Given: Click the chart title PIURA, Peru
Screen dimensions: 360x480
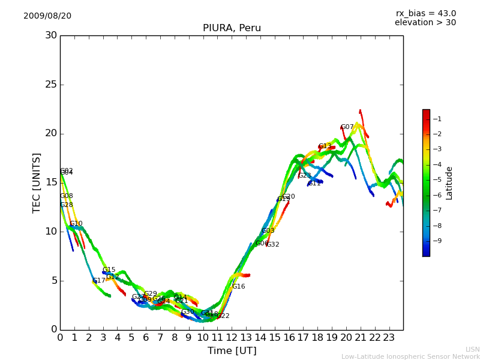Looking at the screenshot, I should [232, 28].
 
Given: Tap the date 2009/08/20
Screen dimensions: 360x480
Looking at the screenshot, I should [47, 16].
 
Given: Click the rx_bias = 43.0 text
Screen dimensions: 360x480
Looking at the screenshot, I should [425, 13].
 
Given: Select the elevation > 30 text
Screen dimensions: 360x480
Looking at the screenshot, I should [425, 23].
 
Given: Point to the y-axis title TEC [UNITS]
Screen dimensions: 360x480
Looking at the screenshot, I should [37, 182].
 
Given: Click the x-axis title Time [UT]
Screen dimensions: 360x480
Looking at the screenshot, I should [232, 350].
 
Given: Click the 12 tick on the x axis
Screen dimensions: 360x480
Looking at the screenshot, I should [232, 337].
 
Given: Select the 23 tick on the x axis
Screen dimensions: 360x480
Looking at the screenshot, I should [389, 337].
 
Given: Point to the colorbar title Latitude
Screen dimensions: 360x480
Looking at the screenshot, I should [449, 183].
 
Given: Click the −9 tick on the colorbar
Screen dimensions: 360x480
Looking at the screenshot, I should [437, 241].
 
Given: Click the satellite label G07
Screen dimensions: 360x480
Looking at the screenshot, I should [347, 127].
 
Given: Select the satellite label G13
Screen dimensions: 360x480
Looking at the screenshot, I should [325, 146].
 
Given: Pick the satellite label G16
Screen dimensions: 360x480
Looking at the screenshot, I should [238, 287].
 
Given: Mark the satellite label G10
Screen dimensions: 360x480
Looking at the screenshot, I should [76, 224].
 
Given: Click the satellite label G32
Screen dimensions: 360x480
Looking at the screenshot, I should [272, 245].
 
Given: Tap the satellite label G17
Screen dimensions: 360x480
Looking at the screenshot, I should [98, 281].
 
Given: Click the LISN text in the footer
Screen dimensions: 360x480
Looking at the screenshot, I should [472, 349].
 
